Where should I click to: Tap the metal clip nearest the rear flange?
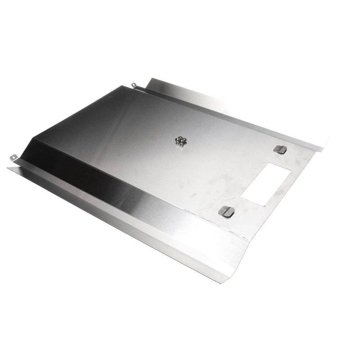pyautogui.click(x=280, y=149)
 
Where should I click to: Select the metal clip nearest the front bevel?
pyautogui.click(x=226, y=211)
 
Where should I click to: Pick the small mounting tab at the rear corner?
pyautogui.click(x=134, y=85)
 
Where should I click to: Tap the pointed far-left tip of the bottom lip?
pyautogui.click(x=8, y=168)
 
